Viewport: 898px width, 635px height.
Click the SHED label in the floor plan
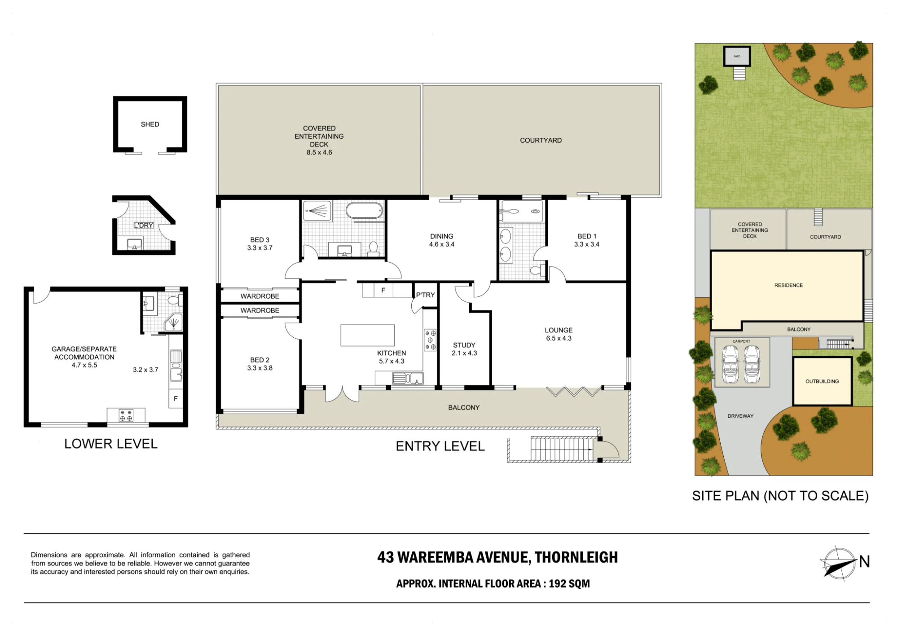150,124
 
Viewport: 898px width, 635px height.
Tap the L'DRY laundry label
144,225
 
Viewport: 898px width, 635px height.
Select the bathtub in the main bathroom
364,210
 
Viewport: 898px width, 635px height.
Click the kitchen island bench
367,335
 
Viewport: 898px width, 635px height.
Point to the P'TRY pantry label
425,295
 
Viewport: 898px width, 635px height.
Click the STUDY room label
464,345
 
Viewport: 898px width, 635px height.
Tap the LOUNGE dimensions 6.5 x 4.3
559,339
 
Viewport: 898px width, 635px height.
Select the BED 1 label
587,236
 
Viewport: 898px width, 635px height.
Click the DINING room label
442,236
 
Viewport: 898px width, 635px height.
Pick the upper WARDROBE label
260,296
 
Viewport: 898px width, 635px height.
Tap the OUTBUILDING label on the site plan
822,381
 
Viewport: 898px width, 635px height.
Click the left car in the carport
731,364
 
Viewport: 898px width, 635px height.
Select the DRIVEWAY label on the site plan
740,416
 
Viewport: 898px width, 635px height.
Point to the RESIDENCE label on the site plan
788,285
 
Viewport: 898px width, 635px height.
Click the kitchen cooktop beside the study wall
430,340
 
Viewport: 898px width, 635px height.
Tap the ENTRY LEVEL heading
440,446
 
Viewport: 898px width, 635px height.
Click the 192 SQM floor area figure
569,584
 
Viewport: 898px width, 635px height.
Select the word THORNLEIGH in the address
576,557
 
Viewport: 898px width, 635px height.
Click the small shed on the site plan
737,57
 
